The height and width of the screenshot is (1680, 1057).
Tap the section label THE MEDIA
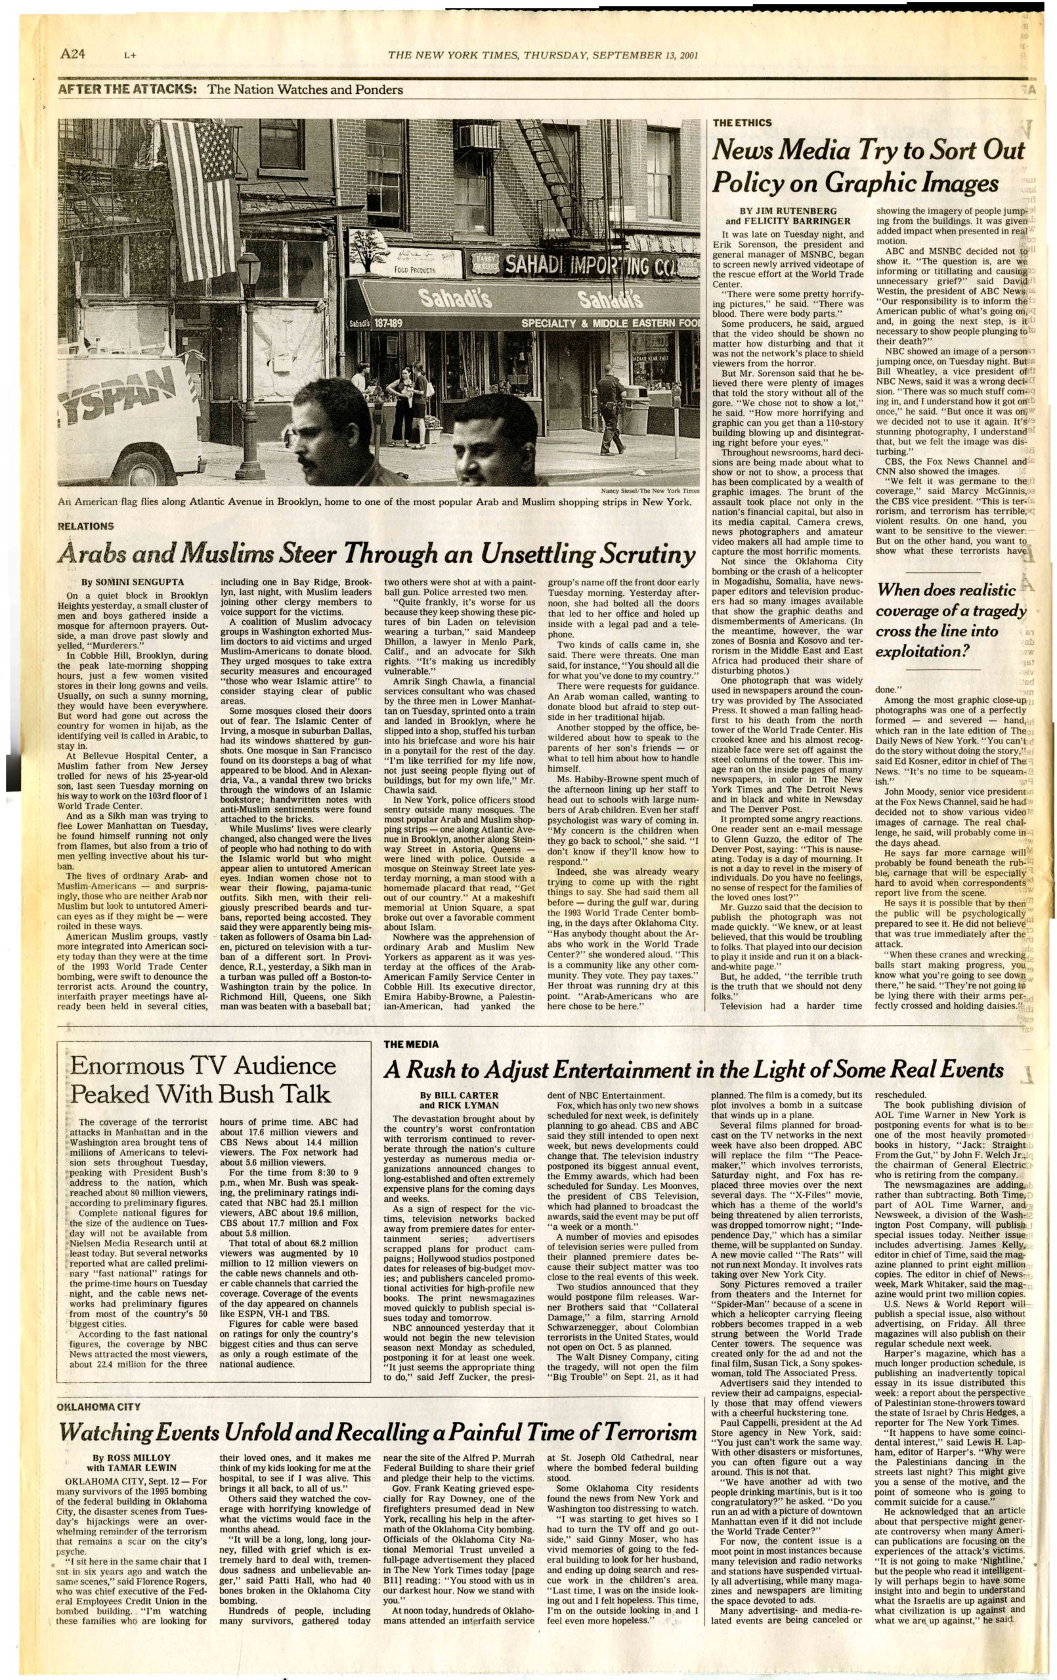(412, 1044)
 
